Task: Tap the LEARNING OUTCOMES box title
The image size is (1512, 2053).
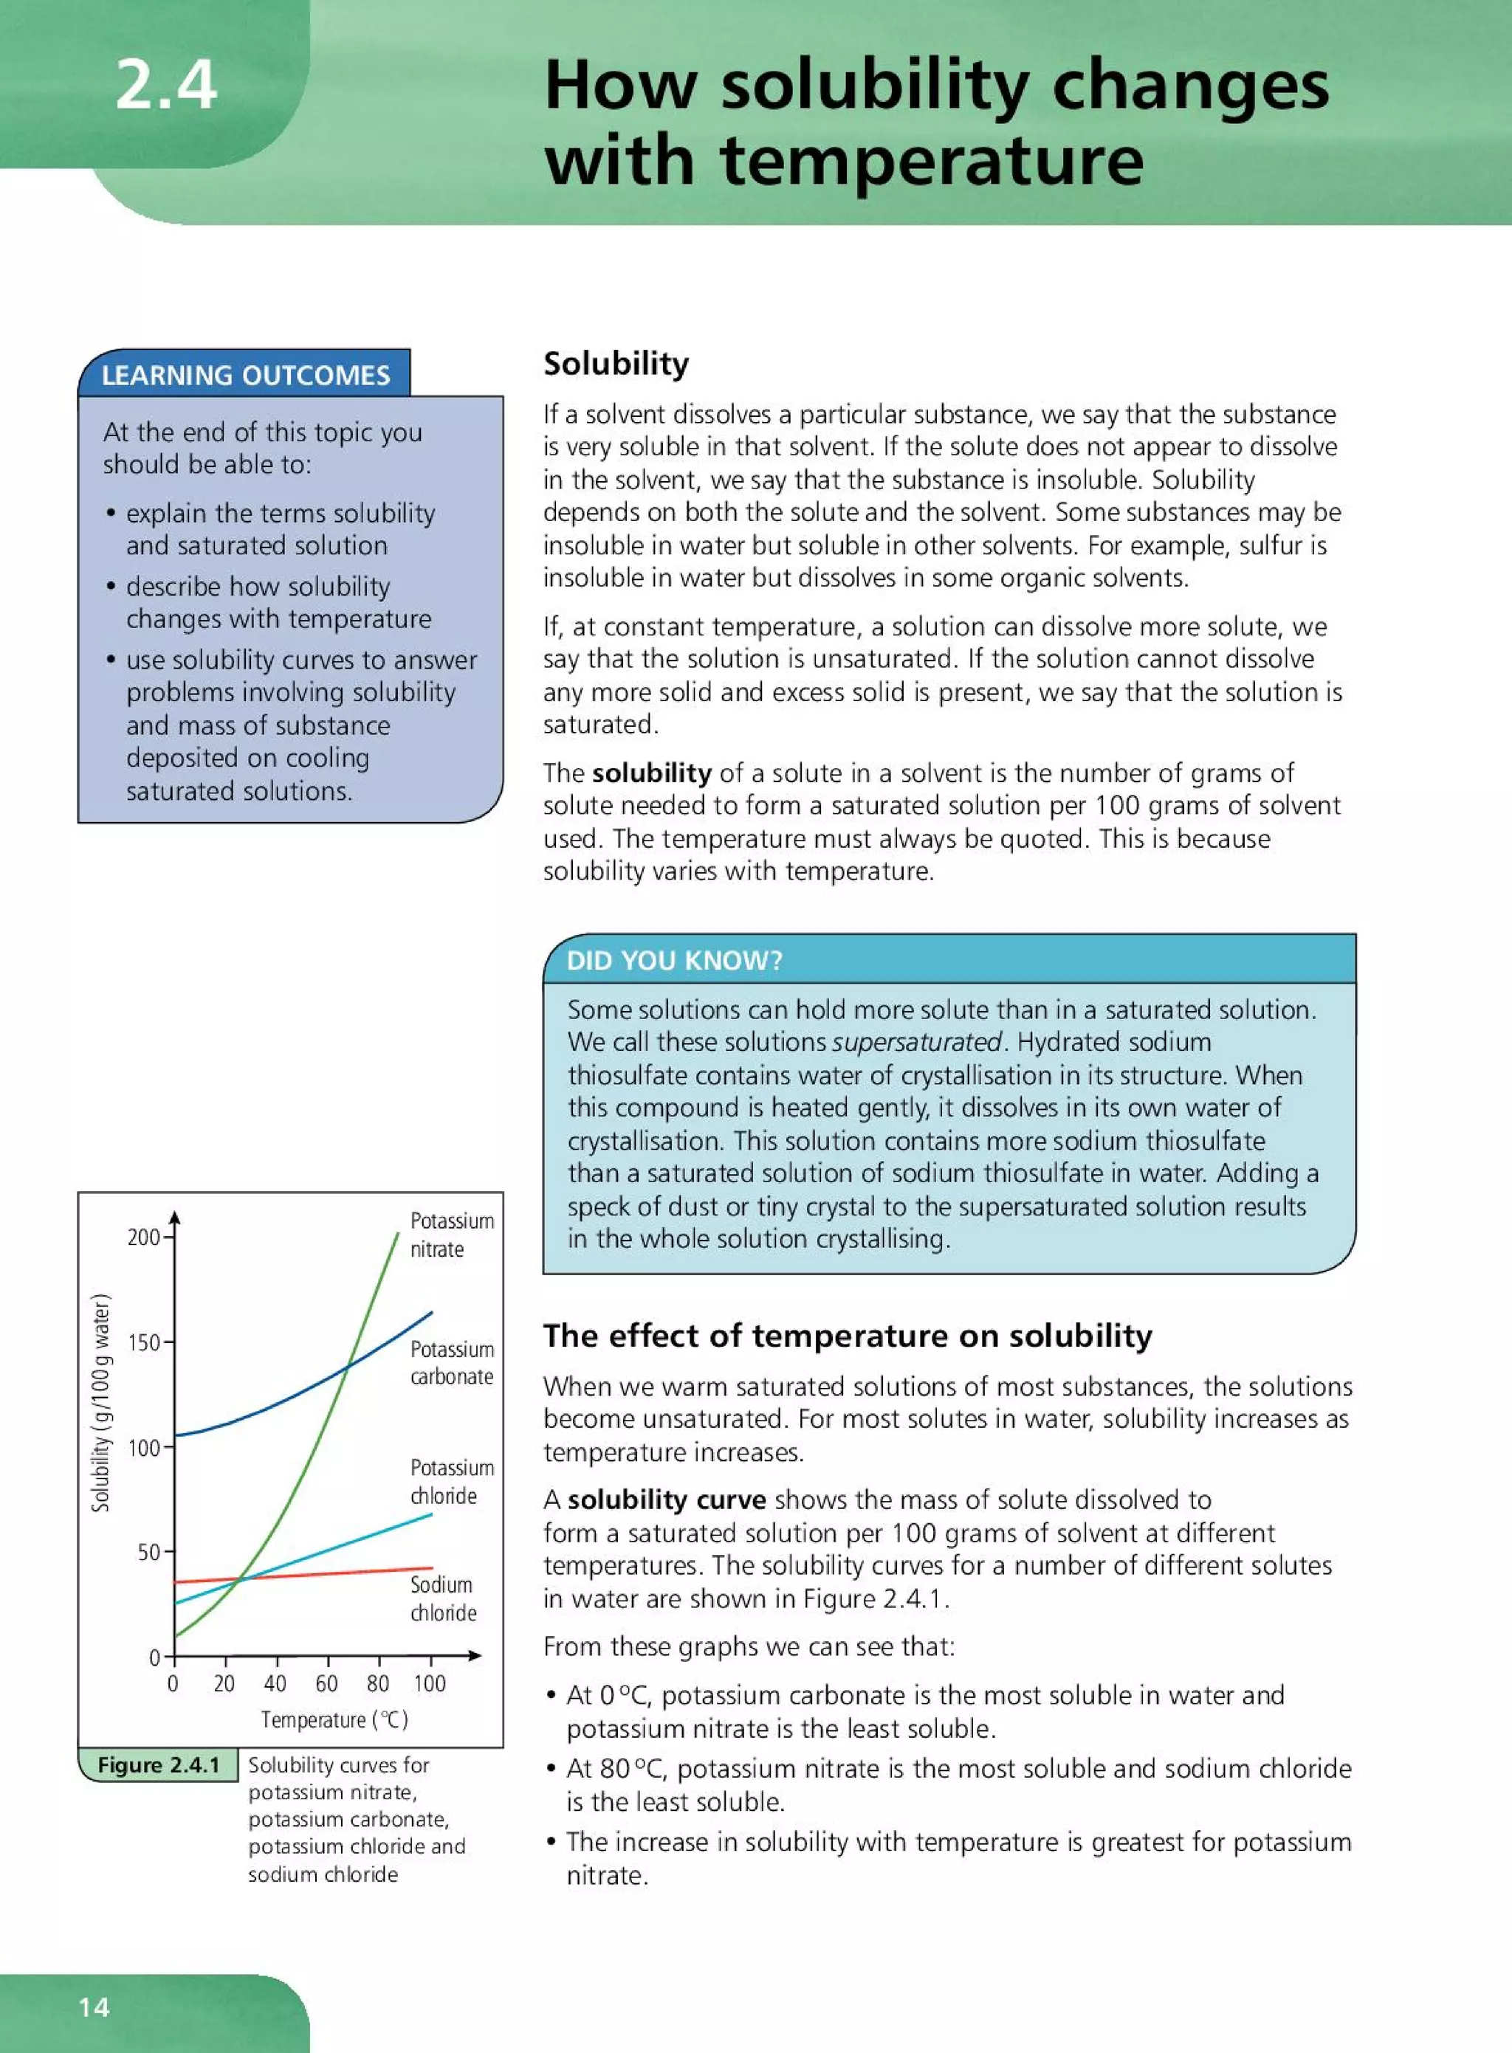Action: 245,375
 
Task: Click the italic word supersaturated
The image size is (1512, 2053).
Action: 916,1042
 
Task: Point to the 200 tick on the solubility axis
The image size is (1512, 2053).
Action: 145,1238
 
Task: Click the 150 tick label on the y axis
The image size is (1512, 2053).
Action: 145,1343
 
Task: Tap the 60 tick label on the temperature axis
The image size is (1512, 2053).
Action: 327,1683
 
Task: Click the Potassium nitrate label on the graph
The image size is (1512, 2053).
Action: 451,1235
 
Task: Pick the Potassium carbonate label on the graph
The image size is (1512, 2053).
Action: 451,1363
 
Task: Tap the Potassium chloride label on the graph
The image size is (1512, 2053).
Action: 451,1481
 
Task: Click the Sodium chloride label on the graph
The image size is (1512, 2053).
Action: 443,1598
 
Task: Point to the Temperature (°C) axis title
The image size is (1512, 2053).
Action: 335,1720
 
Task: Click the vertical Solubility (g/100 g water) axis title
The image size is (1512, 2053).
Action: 100,1403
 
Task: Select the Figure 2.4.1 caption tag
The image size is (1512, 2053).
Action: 158,1764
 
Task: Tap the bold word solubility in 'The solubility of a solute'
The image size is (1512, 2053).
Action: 650,773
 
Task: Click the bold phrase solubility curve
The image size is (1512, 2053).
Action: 667,1500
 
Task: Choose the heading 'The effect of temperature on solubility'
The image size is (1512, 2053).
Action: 848,1336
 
